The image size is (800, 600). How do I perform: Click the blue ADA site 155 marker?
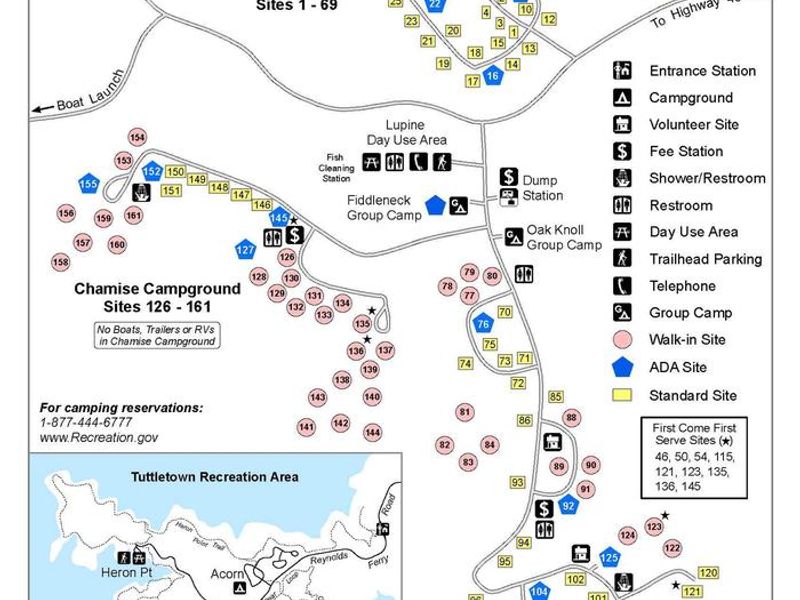(x=89, y=184)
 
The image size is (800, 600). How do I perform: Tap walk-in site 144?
(x=372, y=432)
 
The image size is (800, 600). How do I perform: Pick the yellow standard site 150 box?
(x=175, y=172)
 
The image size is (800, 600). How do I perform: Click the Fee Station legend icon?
(x=622, y=151)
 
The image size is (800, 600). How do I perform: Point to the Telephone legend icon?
(x=622, y=285)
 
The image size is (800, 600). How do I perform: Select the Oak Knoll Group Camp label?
(x=564, y=237)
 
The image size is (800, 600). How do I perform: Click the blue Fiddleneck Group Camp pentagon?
(x=435, y=204)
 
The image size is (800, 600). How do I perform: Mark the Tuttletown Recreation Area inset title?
(x=214, y=476)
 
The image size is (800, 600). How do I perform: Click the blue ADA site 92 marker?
(x=569, y=505)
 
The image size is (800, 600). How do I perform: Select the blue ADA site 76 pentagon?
(x=483, y=323)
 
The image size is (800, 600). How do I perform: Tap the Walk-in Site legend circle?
(x=622, y=340)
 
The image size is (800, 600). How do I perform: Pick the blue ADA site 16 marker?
(x=492, y=76)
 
